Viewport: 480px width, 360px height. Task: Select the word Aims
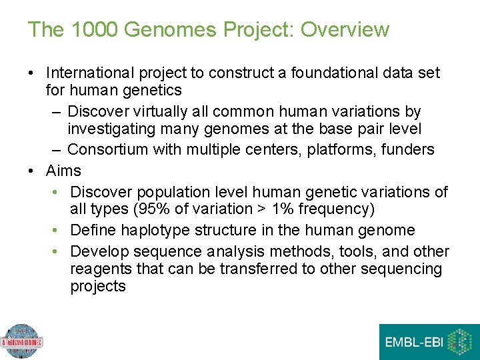click(63, 171)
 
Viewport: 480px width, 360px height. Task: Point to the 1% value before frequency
click(275, 209)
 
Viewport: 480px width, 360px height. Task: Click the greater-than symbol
click(255, 209)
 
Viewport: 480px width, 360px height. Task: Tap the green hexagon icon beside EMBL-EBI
click(460, 342)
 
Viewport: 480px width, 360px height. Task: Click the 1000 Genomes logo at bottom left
click(21, 342)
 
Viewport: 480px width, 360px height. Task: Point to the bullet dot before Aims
click(32, 171)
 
